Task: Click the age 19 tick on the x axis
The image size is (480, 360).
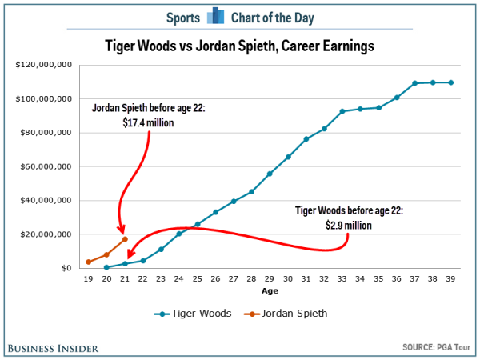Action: click(88, 279)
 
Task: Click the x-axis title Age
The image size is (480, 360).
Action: click(270, 290)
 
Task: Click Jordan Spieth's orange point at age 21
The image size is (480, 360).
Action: click(125, 239)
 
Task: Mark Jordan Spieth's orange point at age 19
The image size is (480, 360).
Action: click(88, 262)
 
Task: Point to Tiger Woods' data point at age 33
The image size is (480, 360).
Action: click(342, 111)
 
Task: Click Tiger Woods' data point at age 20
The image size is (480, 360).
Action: click(106, 267)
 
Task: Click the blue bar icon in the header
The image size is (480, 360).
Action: click(216, 17)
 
